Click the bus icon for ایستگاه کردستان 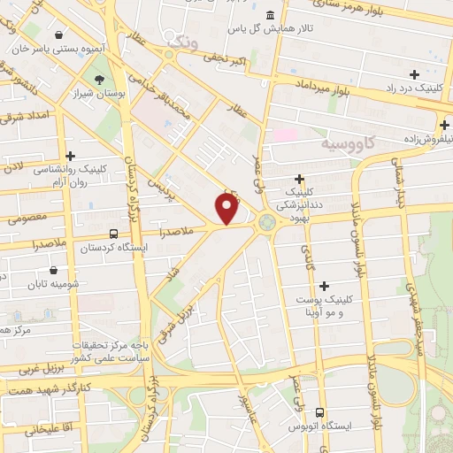click(113, 234)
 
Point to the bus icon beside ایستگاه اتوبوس click(319, 412)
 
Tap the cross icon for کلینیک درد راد click(414, 74)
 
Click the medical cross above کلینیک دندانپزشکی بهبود click(299, 179)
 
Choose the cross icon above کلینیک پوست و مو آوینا click(325, 286)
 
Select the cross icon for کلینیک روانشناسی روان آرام click(70, 156)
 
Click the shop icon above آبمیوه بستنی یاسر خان click(58, 35)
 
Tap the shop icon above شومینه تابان click(55, 269)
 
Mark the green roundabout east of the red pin click(266, 225)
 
